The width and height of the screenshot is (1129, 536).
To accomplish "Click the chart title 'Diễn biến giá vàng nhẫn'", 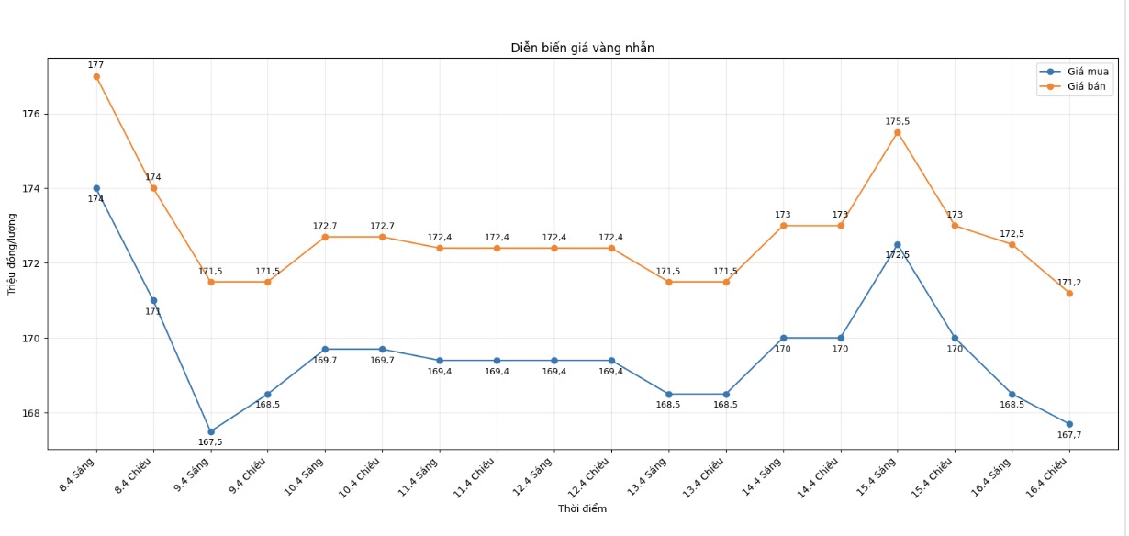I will (582, 48).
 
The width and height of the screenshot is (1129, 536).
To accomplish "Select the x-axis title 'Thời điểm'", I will (582, 508).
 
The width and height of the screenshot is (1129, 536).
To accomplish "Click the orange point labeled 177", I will (96, 76).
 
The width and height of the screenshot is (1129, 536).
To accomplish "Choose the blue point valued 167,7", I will (1069, 424).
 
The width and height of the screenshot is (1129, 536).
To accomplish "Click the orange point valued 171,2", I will (1069, 293).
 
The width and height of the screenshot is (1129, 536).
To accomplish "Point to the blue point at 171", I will (153, 300).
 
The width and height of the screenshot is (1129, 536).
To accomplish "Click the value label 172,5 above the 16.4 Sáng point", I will (1012, 234).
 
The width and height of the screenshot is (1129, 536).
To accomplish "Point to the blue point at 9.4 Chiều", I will (268, 394).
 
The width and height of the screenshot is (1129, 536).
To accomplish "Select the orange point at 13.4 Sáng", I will (668, 282).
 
